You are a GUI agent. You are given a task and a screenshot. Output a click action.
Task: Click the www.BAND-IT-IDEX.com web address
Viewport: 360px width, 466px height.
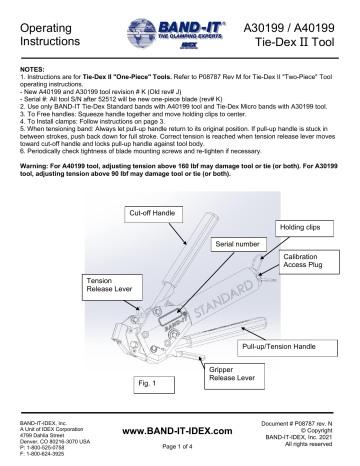point(180,431)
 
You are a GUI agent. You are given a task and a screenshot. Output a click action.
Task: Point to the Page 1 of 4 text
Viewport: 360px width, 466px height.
point(180,448)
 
